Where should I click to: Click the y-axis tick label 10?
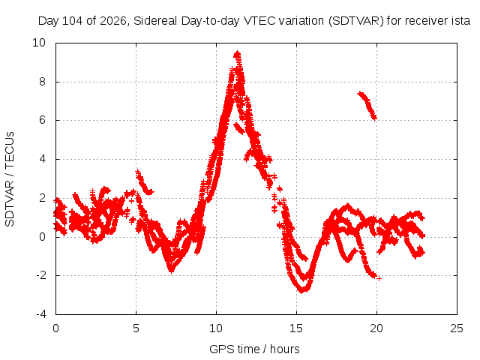39,43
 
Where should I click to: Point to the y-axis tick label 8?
42,82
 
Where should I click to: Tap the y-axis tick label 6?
42,120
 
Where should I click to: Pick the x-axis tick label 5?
136,328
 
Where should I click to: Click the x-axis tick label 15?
296,328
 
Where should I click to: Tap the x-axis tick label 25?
457,328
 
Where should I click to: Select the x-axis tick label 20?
376,328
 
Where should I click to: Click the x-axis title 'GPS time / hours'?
254,349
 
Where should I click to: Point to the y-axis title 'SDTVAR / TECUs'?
10,179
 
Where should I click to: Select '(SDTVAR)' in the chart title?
356,21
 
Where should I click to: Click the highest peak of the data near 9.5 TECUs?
237,55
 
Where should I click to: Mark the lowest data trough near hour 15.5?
302,289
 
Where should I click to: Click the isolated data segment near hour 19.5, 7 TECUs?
367,106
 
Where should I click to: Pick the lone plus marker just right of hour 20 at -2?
379,278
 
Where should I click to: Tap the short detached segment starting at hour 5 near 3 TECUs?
144,182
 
